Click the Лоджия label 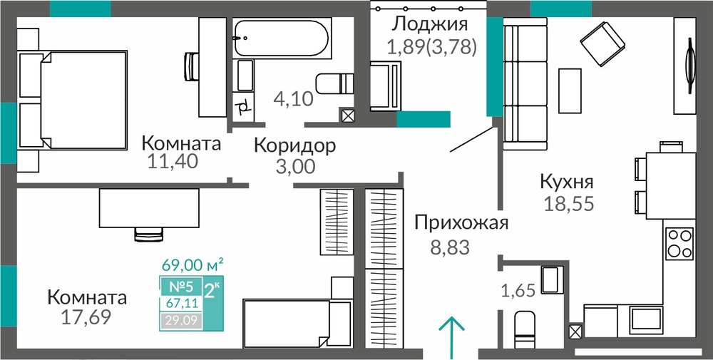[430, 24]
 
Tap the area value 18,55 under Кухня [569, 204]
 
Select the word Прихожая [461, 223]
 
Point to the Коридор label [294, 145]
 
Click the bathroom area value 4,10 [294, 98]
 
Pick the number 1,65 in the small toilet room [518, 289]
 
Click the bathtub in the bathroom [280, 37]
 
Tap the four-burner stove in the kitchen [679, 243]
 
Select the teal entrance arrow [452, 337]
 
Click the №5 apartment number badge [181, 287]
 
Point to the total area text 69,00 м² [193, 264]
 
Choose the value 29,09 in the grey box [180, 322]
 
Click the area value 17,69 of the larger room [86, 317]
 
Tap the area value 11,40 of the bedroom [173, 161]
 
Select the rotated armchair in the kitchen [602, 44]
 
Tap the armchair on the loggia [386, 86]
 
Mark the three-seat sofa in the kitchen [525, 83]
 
